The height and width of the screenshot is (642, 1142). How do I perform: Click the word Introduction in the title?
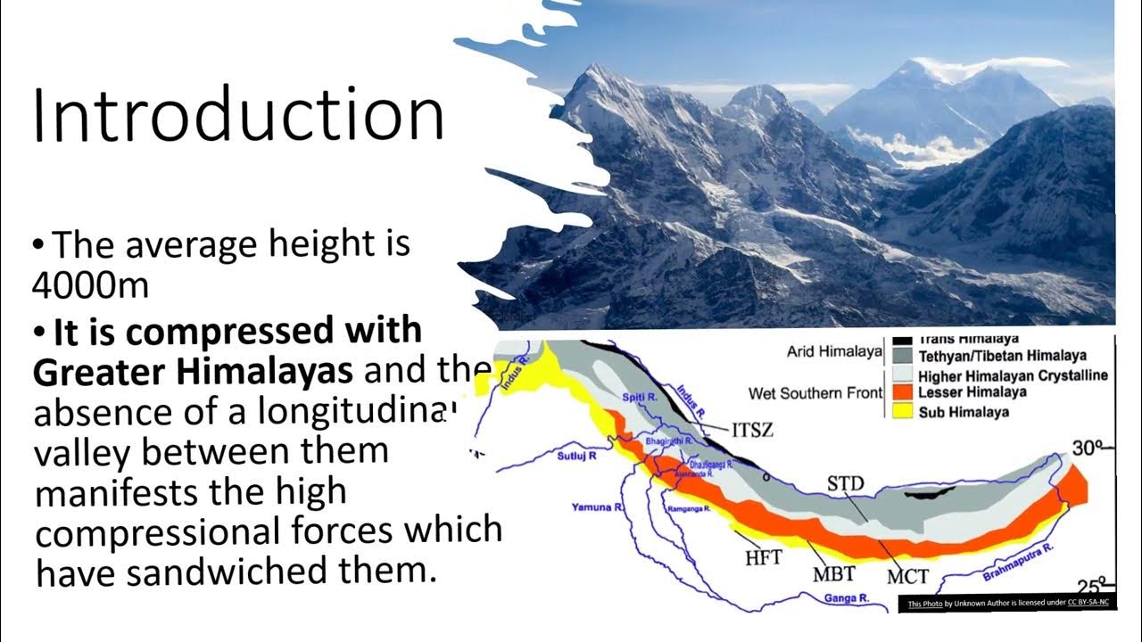tap(238, 117)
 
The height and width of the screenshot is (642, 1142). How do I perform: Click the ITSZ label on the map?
tap(752, 431)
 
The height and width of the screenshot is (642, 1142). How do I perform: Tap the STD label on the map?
tap(845, 484)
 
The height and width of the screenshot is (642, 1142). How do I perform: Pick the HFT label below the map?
tap(763, 557)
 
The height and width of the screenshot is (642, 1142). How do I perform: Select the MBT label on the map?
tap(834, 574)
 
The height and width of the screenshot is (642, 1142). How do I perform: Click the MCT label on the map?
tap(907, 576)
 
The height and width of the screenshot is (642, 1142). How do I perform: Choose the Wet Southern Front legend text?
tap(813, 393)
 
